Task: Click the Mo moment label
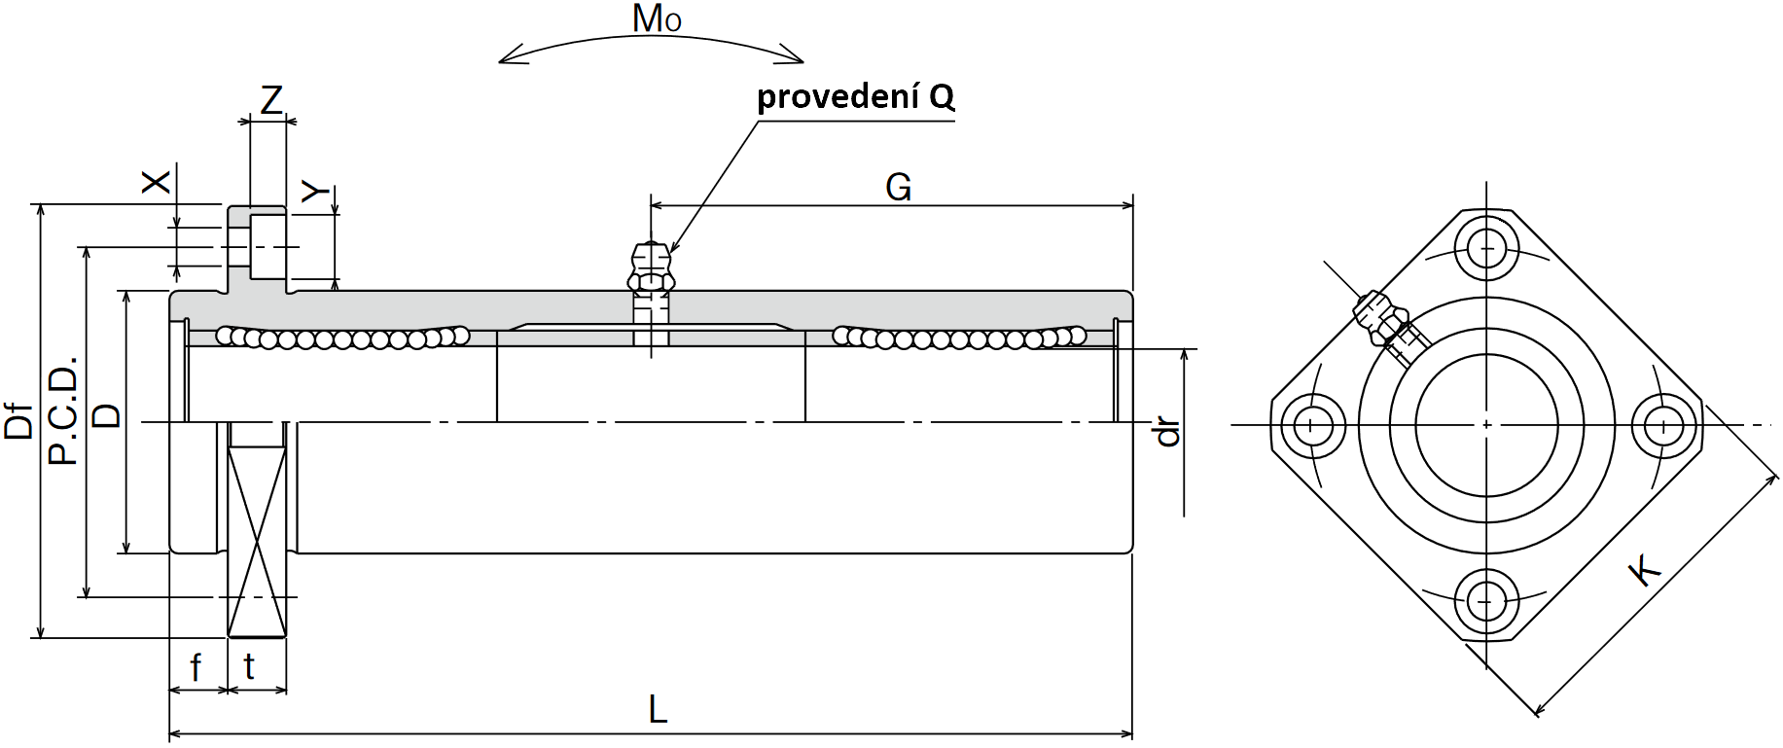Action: pyautogui.click(x=657, y=18)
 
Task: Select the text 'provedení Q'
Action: pyautogui.click(x=856, y=96)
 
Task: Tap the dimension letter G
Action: pyautogui.click(x=899, y=187)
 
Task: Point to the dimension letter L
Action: pyautogui.click(x=659, y=709)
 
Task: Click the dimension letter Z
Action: pyautogui.click(x=272, y=100)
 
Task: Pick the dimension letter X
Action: pyautogui.click(x=157, y=181)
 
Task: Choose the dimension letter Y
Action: pyautogui.click(x=316, y=191)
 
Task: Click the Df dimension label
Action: pyautogui.click(x=18, y=421)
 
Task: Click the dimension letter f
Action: pyautogui.click(x=196, y=668)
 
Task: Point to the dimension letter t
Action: pyautogui.click(x=249, y=667)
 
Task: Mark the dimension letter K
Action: pyautogui.click(x=1645, y=570)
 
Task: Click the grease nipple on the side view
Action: pyautogui.click(x=651, y=267)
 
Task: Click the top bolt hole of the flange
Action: pyautogui.click(x=1486, y=248)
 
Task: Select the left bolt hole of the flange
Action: pyautogui.click(x=1313, y=425)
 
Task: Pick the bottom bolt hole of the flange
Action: pyautogui.click(x=1486, y=601)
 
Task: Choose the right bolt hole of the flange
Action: pyautogui.click(x=1662, y=425)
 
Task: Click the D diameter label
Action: pyautogui.click(x=106, y=416)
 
